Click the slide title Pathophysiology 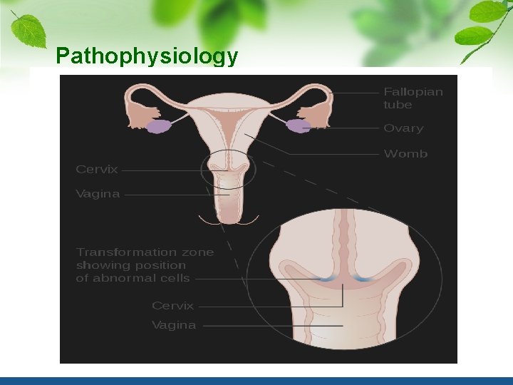146,56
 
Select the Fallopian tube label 413,98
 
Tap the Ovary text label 403,128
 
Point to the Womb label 405,153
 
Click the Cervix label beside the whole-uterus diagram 97,170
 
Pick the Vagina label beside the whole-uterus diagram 98,193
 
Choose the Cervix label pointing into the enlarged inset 172,305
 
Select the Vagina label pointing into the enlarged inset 174,325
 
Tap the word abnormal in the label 134,278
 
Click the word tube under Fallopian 398,105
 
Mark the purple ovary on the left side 159,126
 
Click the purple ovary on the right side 298,126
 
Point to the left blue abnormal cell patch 325,279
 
